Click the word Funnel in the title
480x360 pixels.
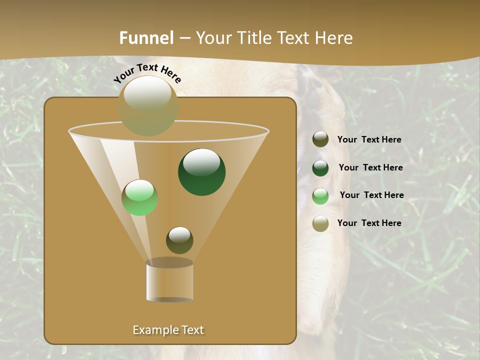[x=146, y=38]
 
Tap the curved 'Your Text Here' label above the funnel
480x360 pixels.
[x=147, y=73]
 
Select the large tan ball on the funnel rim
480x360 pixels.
[x=148, y=105]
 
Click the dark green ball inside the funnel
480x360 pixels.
[x=201, y=171]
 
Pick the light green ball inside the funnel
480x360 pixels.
[x=139, y=197]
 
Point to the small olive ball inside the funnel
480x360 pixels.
[x=179, y=240]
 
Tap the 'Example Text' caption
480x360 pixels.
[x=168, y=330]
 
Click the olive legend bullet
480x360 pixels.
[x=320, y=139]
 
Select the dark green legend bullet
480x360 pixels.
[x=320, y=167]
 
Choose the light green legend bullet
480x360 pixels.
[x=320, y=195]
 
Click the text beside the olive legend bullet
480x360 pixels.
[x=369, y=140]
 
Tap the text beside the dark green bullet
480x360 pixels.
[x=370, y=167]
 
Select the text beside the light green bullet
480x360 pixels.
[x=371, y=195]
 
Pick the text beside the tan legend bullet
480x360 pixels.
[x=369, y=223]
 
